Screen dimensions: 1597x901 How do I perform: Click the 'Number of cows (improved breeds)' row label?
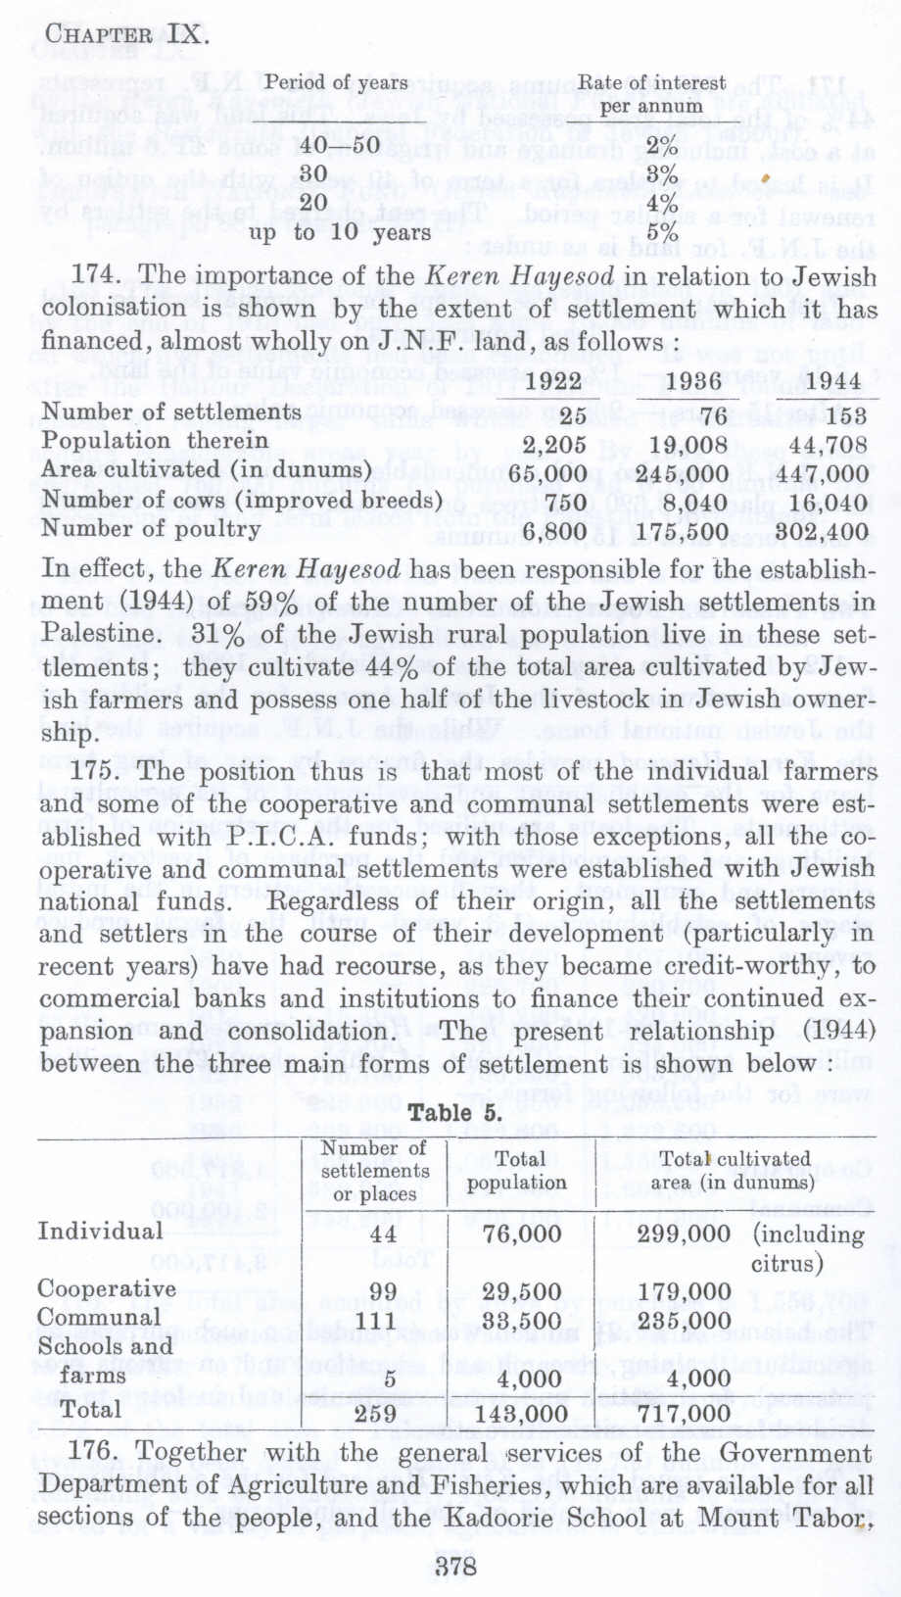(236, 501)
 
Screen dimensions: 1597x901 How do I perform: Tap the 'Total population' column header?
(516, 1171)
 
